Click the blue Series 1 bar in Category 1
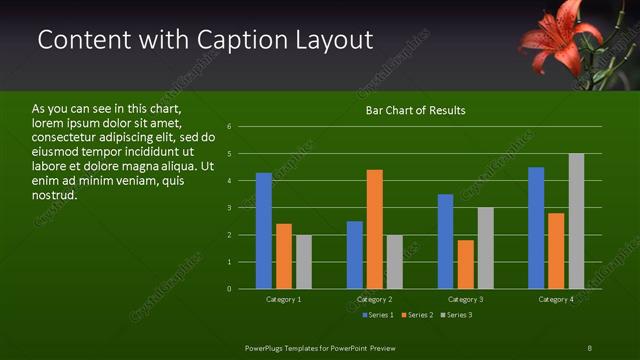(264, 231)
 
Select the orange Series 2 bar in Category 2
(375, 229)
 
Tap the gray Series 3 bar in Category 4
(576, 221)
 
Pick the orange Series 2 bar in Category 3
(466, 264)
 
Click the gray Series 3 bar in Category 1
(304, 262)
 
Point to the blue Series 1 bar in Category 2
(355, 255)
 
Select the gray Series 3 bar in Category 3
(486, 248)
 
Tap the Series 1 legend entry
(376, 315)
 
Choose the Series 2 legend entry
(418, 315)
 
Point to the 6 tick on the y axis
(230, 127)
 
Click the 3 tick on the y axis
(230, 208)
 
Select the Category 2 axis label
(374, 299)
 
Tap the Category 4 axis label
(556, 299)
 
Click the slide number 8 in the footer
(589, 347)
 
